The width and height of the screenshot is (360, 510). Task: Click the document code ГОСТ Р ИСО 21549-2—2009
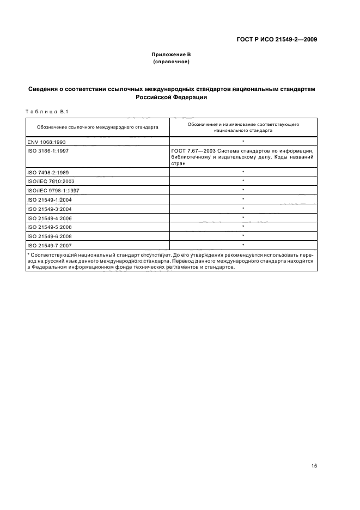pos(277,39)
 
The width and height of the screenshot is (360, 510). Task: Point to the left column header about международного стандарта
pos(97,126)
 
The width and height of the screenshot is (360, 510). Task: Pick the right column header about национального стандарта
pos(243,127)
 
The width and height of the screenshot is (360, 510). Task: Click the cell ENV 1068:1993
pos(46,141)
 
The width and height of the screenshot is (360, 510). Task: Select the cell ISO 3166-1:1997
pos(49,150)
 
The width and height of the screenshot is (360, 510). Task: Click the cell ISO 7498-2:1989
pos(49,172)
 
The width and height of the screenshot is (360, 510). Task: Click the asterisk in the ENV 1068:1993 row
pos(243,141)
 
